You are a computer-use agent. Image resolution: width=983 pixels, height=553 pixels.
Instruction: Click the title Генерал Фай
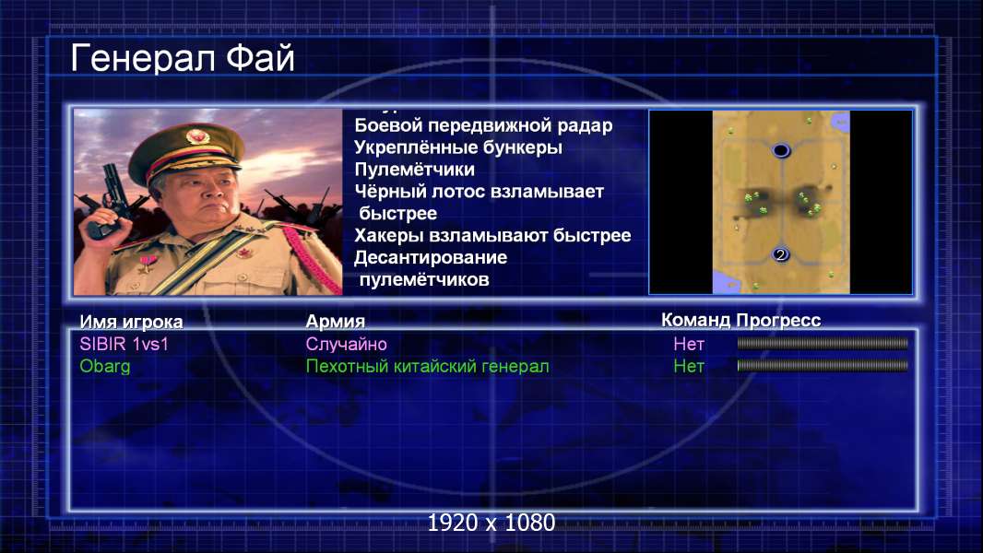tap(183, 58)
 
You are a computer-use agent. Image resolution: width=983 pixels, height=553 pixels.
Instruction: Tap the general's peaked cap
tap(187, 149)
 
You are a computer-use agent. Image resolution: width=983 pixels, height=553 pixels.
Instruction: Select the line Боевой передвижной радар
tap(483, 126)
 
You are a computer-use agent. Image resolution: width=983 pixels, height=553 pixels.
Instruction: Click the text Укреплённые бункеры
tap(458, 147)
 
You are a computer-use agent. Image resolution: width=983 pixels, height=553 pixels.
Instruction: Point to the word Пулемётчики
tap(414, 170)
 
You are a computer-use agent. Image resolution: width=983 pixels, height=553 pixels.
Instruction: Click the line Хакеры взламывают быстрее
tap(492, 235)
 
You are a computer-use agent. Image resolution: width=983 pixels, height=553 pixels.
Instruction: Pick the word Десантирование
tap(431, 257)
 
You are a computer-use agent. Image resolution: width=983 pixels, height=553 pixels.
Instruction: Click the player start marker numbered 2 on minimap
tap(780, 254)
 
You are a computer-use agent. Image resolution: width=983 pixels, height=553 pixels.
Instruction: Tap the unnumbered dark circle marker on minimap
tap(780, 150)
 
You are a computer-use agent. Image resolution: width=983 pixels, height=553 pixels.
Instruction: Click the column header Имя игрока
tap(131, 322)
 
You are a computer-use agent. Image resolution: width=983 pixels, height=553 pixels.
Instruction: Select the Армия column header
tap(336, 322)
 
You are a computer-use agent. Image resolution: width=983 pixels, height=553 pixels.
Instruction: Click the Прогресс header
tap(778, 321)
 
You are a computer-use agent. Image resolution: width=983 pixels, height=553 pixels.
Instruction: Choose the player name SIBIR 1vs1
tap(124, 344)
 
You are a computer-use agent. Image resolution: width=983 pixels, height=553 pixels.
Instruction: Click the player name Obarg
tap(105, 366)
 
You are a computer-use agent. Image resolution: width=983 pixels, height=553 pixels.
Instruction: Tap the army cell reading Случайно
tap(346, 344)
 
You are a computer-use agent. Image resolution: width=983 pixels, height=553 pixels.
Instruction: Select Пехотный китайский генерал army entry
tap(428, 367)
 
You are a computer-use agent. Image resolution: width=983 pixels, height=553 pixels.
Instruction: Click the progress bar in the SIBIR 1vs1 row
tap(823, 343)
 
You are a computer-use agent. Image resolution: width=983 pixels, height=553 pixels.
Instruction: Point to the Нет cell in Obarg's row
tap(689, 367)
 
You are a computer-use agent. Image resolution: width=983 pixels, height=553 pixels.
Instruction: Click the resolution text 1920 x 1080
tap(491, 523)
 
